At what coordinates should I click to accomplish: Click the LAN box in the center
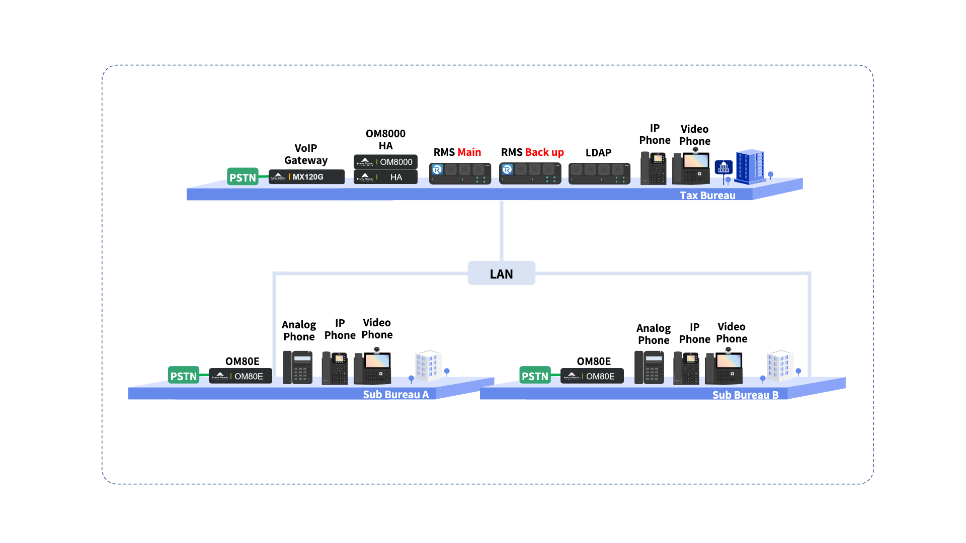(501, 273)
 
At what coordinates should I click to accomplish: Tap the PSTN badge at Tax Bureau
(243, 176)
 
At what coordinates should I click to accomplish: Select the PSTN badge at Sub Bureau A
(184, 375)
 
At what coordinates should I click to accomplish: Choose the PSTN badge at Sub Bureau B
(535, 375)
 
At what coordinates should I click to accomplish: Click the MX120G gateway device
(306, 177)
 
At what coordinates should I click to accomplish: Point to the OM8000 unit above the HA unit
(385, 162)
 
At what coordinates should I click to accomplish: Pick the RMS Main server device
(460, 173)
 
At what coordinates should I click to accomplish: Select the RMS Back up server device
(530, 173)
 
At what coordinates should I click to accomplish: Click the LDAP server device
(599, 173)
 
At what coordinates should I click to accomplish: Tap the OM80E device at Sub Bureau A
(240, 376)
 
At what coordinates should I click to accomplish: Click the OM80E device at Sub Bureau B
(592, 376)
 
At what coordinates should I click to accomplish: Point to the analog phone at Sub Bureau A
(297, 368)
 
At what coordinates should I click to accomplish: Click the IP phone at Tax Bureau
(654, 168)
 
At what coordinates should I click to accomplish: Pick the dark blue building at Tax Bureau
(750, 166)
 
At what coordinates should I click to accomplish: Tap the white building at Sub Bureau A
(428, 366)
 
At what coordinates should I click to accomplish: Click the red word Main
(469, 152)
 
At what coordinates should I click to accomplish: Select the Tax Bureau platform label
(707, 196)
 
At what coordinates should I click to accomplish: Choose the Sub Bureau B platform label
(745, 395)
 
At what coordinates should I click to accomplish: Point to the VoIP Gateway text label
(306, 154)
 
